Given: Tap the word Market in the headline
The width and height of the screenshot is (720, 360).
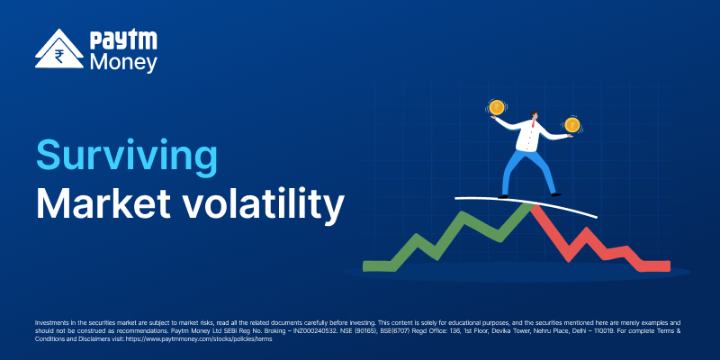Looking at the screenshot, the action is coord(103,202).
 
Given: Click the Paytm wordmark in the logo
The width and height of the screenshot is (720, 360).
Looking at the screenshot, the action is coord(123,40).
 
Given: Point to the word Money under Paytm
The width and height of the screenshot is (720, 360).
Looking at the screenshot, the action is coord(123,62).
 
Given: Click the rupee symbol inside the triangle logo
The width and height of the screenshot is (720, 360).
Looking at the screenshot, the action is coord(59,57).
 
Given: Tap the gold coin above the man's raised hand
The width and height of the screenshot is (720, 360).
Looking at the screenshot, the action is coord(496,107).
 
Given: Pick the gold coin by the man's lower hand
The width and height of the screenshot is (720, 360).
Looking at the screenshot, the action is coord(571,124).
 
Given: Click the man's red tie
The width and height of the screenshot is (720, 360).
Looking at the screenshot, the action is coord(533,123).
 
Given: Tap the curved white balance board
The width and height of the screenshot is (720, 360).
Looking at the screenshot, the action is coord(526,203).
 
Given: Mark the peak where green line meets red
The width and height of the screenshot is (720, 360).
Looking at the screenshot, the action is coord(532,206).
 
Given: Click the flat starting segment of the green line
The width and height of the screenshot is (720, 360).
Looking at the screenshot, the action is coord(378,265).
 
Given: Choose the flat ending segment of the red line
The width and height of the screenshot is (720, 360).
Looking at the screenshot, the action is coord(655,265).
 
